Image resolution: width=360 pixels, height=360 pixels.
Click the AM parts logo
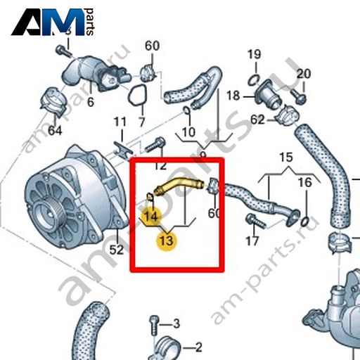(53, 22)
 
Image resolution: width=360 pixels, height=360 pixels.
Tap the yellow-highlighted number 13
(167, 240)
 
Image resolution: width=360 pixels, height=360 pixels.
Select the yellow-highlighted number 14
(151, 216)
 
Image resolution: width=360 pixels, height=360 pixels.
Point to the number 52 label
(117, 250)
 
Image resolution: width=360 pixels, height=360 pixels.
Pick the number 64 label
(55, 131)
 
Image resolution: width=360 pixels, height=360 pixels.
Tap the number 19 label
(255, 54)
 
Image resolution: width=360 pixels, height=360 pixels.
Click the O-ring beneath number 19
(254, 80)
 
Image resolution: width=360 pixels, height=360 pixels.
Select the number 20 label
(304, 74)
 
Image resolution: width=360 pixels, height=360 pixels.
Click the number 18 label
(233, 96)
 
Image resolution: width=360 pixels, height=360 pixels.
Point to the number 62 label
(257, 120)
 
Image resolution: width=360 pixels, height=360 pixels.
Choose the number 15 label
(286, 157)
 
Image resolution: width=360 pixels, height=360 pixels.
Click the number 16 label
(305, 182)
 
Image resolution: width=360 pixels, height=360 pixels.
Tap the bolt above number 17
(256, 221)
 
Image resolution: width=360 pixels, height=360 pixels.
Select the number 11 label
(120, 122)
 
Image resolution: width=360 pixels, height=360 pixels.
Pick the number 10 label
(188, 132)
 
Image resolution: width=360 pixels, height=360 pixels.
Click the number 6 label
(91, 102)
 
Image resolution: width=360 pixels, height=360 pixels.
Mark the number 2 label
(198, 347)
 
